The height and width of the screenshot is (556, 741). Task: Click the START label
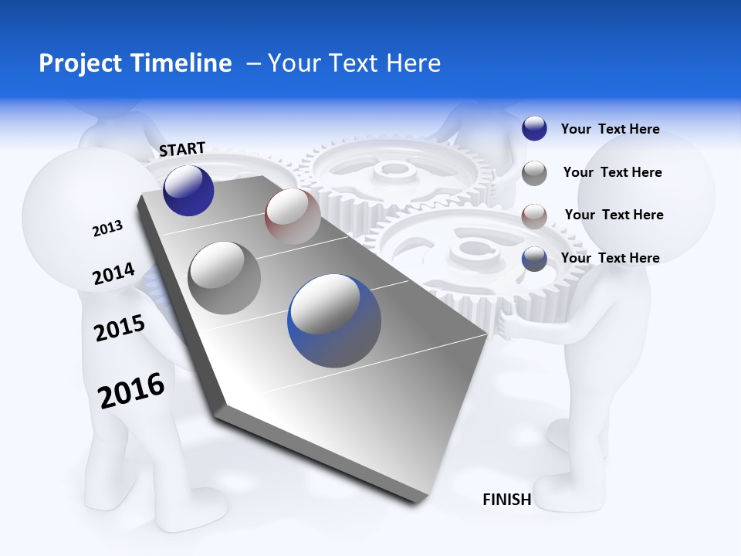coord(182,149)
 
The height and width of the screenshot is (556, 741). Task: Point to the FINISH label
coord(506,500)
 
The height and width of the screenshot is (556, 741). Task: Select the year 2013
coord(107,229)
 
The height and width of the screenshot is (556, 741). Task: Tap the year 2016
coord(131,391)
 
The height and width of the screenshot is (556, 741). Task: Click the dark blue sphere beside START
coord(188,190)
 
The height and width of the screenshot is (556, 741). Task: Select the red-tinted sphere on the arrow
coord(293,216)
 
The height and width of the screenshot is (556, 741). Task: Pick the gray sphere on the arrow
coord(225,278)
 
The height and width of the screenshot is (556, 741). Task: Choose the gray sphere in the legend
coord(534,173)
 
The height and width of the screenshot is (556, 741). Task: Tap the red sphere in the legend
coord(534,215)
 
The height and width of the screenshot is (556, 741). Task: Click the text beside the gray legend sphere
coord(612,172)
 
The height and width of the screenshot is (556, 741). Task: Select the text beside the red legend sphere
coord(614,215)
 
